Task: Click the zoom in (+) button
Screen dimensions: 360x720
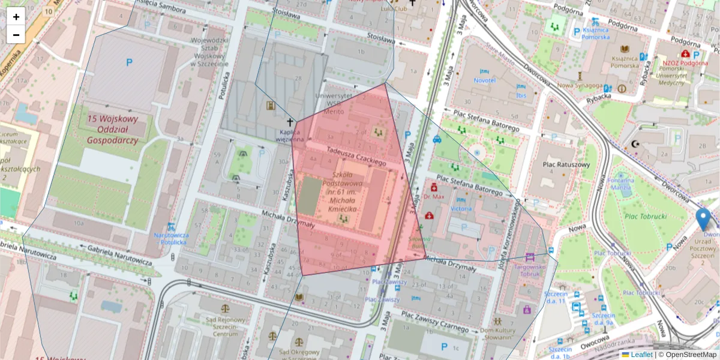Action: pyautogui.click(x=16, y=17)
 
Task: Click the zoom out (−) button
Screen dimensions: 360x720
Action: pyautogui.click(x=16, y=35)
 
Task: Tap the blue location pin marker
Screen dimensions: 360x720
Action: pyautogui.click(x=702, y=220)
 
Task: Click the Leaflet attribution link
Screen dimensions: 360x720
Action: pyautogui.click(x=641, y=355)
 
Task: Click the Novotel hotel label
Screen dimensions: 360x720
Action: pyautogui.click(x=484, y=80)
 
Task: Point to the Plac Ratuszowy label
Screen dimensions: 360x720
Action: pyautogui.click(x=565, y=164)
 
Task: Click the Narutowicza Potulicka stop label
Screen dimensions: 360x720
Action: pyautogui.click(x=171, y=239)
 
